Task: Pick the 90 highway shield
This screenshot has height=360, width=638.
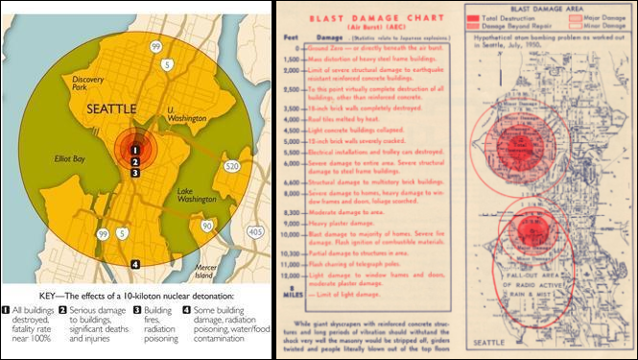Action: [x=207, y=226]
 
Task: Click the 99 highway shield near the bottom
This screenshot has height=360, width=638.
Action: [x=103, y=233]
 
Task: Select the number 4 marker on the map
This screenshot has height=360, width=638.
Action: [x=135, y=264]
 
